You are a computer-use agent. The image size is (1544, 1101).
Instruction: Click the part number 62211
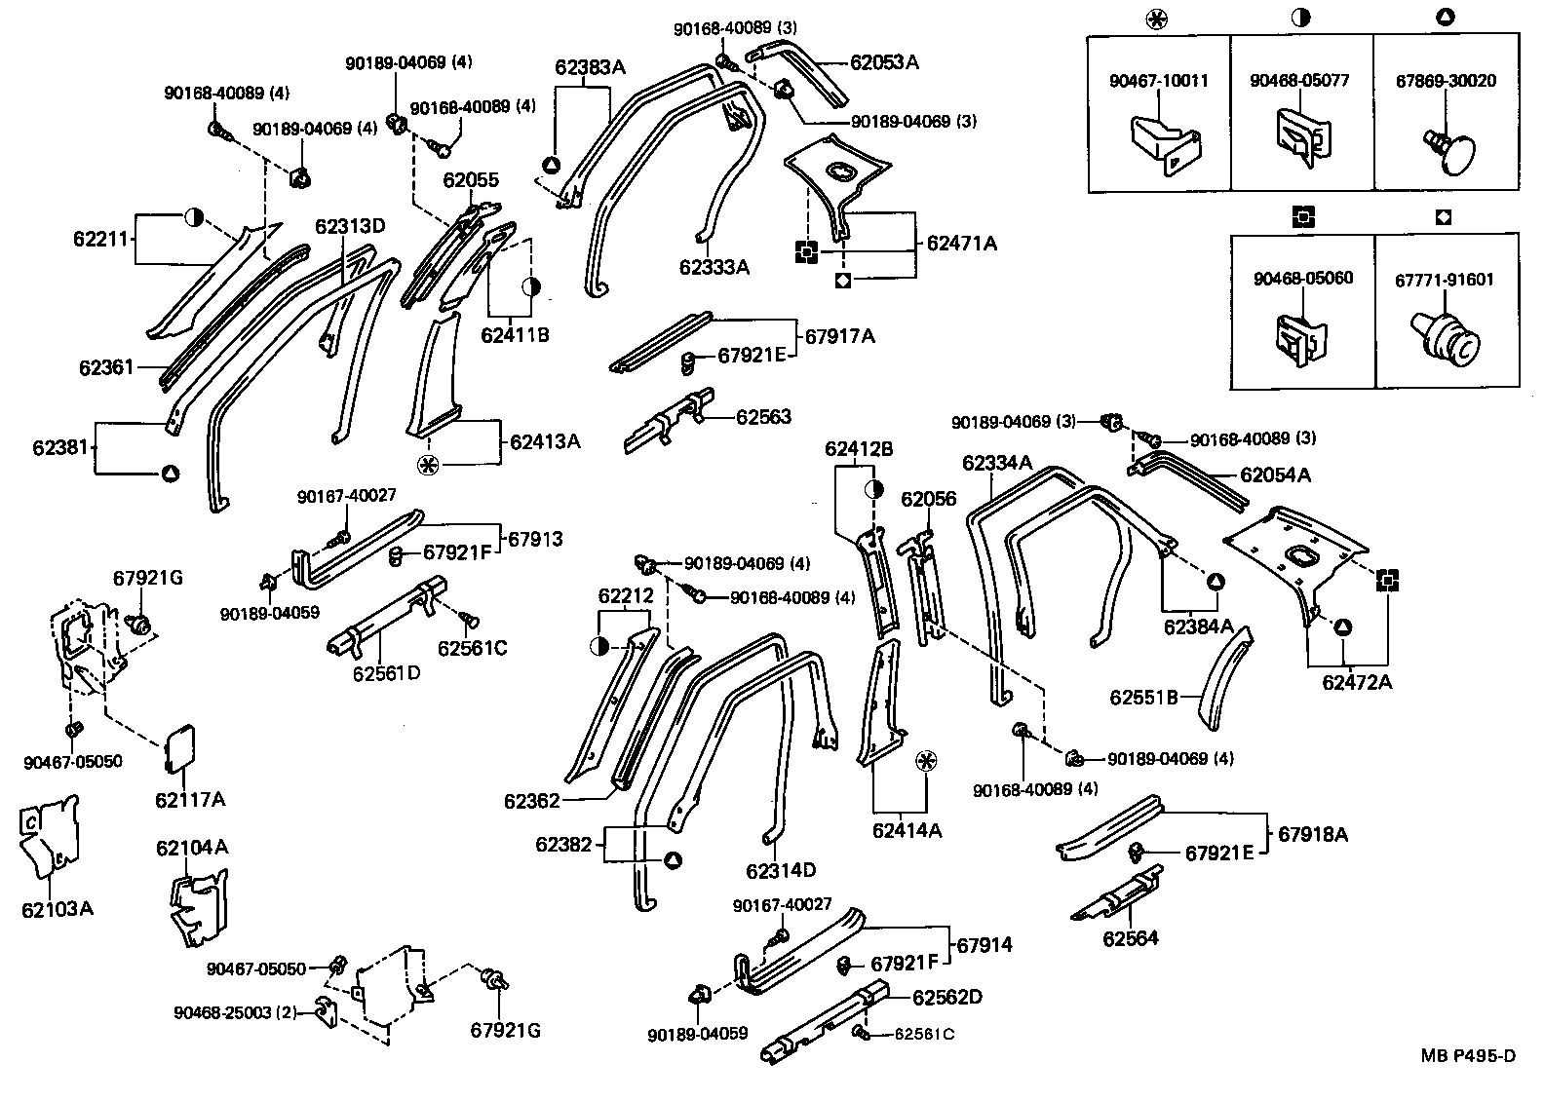click(100, 238)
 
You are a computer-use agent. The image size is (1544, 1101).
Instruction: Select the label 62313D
click(350, 226)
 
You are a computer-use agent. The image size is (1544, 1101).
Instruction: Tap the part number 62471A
click(961, 244)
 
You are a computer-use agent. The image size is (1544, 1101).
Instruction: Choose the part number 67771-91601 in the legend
click(1444, 280)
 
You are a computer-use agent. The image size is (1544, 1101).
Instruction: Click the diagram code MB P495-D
click(1467, 1056)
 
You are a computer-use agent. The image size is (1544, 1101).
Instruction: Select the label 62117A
click(190, 800)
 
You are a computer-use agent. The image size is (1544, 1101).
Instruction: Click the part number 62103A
click(58, 909)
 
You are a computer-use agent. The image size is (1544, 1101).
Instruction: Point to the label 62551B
click(1143, 698)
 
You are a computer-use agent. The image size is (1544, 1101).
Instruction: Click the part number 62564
click(1131, 938)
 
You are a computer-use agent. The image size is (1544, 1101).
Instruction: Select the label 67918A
click(1313, 834)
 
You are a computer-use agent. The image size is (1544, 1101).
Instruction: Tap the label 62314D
click(781, 869)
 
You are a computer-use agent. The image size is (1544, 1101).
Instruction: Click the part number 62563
click(763, 417)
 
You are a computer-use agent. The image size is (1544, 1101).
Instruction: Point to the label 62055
click(471, 180)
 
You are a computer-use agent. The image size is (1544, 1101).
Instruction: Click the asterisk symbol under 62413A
click(427, 465)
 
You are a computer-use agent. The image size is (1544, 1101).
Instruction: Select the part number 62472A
click(1357, 682)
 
